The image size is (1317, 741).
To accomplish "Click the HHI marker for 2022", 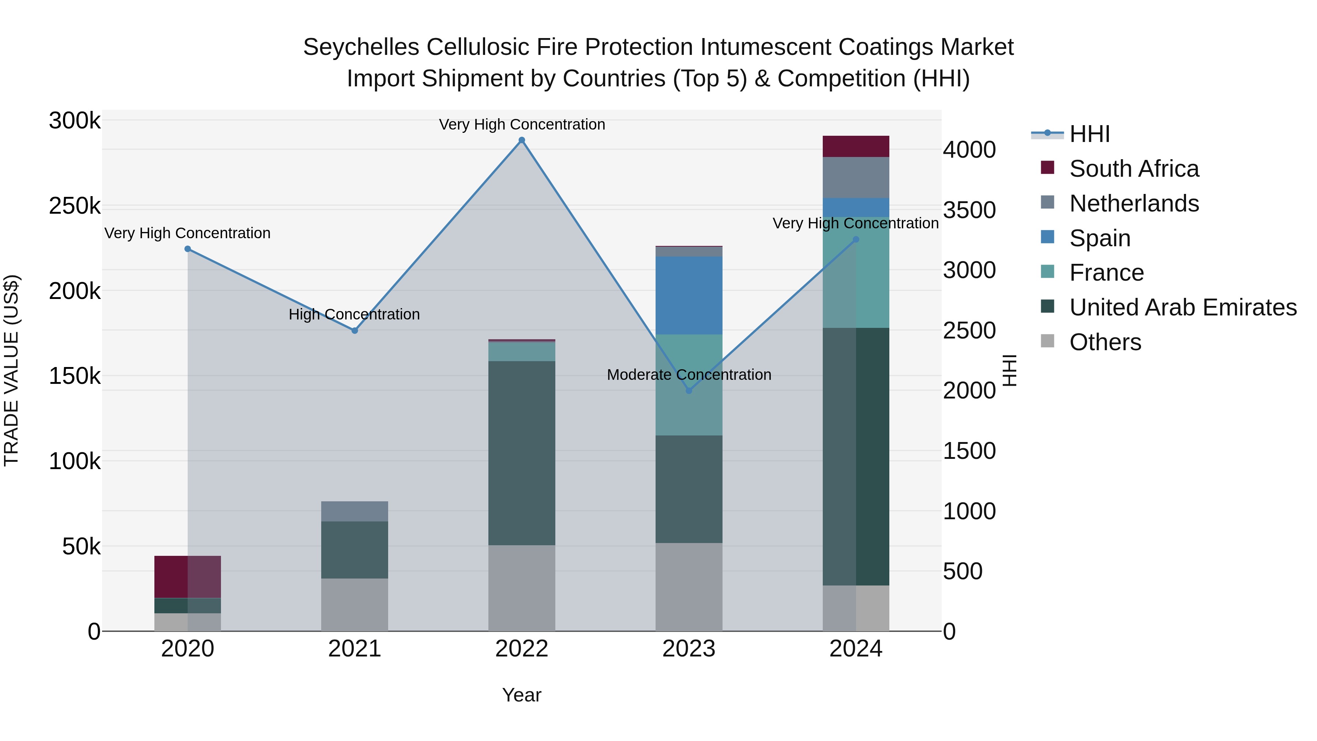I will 521,140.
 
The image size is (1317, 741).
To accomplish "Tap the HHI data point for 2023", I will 688,391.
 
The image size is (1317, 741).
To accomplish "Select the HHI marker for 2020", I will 188,249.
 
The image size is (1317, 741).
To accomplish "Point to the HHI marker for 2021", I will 355,331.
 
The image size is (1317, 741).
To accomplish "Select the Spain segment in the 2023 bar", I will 688,296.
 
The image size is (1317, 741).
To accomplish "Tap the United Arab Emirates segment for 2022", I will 521,453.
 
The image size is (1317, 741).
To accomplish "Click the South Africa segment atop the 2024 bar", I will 856,146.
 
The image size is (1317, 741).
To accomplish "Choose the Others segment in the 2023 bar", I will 688,587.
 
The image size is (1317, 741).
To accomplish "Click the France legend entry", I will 1106,273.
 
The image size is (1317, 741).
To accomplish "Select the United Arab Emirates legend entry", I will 1182,307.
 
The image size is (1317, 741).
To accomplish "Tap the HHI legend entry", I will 1089,134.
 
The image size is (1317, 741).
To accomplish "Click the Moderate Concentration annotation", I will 688,375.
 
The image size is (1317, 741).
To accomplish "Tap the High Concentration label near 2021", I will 354,314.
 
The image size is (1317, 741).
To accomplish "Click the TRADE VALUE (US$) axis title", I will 12,370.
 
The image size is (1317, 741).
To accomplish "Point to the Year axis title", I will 521,695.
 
